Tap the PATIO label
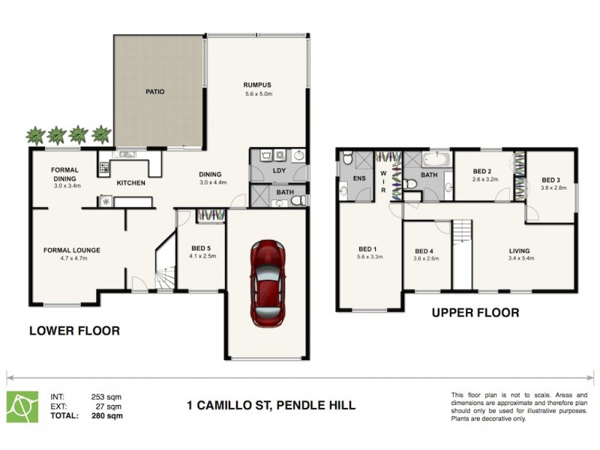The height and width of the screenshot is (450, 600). tap(155, 92)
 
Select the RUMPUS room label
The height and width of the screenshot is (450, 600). tap(257, 85)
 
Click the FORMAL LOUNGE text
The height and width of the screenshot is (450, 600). tap(71, 250)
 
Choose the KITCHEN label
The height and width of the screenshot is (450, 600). tap(130, 183)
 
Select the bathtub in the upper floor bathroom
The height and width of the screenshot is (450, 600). tap(434, 159)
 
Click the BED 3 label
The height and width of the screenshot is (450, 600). tap(551, 180)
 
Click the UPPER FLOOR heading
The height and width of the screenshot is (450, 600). tap(475, 313)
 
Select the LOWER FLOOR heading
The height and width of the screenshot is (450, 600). tap(74, 330)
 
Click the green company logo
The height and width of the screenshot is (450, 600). tap(21, 406)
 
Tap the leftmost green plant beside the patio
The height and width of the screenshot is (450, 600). tap(34, 136)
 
